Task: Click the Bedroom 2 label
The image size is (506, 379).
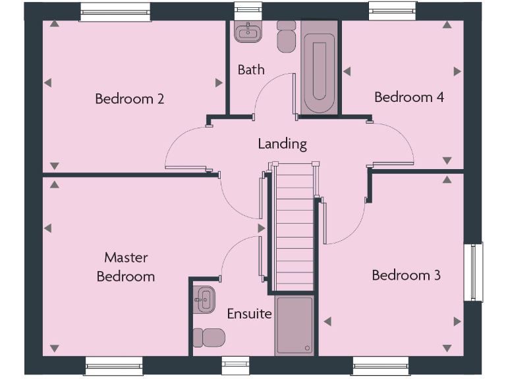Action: click(x=129, y=99)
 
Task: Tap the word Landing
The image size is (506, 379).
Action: click(x=282, y=143)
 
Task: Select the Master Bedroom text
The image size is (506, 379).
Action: click(x=126, y=266)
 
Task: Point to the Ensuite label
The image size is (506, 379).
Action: click(x=249, y=314)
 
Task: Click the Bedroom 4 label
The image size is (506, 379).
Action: click(x=408, y=97)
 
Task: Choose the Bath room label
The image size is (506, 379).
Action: click(x=251, y=70)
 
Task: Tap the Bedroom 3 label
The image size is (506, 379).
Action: click(x=406, y=275)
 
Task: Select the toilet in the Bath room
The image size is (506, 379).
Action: click(x=286, y=38)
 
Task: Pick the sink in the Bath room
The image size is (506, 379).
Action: click(x=248, y=30)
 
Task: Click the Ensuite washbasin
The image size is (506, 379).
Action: click(x=204, y=300)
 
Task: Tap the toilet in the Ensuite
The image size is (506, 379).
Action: click(x=210, y=338)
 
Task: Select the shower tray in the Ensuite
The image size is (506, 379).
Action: click(x=295, y=326)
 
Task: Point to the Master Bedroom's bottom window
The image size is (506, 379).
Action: click(x=113, y=366)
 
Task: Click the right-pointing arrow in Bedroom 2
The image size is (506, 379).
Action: click(x=219, y=83)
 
